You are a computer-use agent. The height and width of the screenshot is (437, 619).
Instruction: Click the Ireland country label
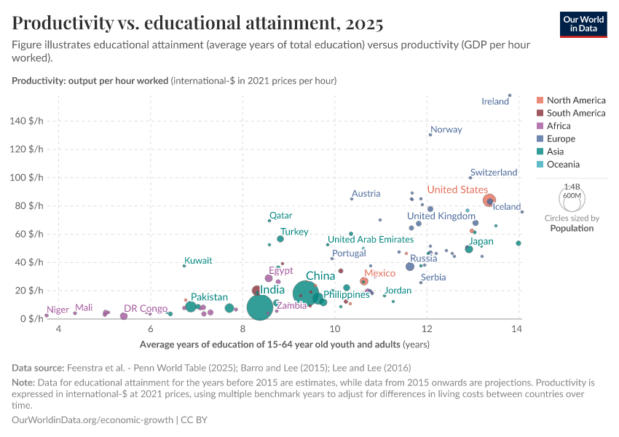[x=495, y=101]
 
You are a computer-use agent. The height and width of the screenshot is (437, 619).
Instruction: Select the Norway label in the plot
[x=446, y=130]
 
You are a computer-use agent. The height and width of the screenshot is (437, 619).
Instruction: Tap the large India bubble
[x=260, y=307]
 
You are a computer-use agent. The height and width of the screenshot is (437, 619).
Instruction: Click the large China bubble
[x=307, y=294]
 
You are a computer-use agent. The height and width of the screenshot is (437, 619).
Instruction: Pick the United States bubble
[x=489, y=200]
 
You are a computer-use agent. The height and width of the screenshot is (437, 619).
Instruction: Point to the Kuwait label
[x=198, y=261]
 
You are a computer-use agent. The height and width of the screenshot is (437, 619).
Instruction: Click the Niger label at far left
[x=58, y=310]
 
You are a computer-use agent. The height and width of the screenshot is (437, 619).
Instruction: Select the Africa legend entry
[x=559, y=126]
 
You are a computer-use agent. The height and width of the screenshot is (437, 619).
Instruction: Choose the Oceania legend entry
[x=563, y=165]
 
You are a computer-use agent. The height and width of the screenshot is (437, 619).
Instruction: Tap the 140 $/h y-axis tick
[x=28, y=121]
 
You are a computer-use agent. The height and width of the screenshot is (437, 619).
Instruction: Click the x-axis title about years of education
[x=284, y=344]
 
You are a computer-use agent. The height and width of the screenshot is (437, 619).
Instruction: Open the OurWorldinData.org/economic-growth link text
[x=93, y=420]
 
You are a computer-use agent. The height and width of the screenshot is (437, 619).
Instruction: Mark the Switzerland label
[x=493, y=173]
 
